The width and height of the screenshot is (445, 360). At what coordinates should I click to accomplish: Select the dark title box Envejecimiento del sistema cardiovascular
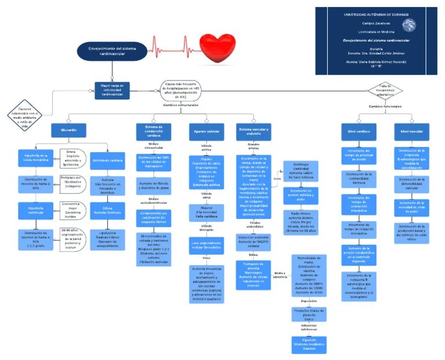click(112, 50)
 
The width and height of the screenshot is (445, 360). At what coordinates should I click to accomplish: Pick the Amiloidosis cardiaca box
click(108, 160)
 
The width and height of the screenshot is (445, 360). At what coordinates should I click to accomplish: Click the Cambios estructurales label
click(180, 105)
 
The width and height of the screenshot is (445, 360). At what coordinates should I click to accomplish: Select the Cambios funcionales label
click(385, 106)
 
